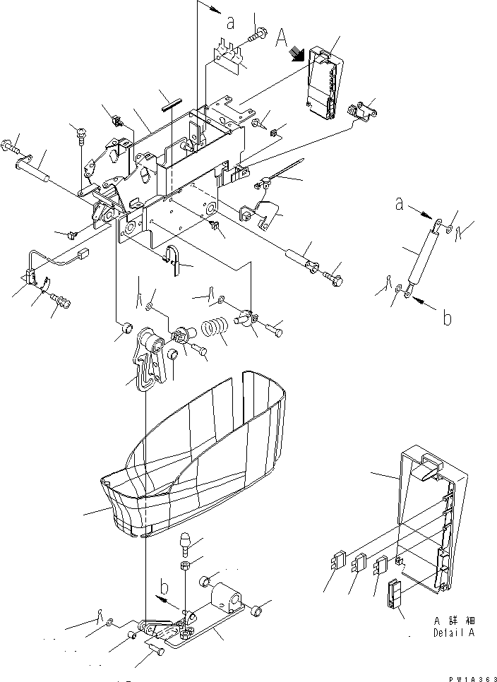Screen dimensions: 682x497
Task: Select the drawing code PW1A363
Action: tap(468, 676)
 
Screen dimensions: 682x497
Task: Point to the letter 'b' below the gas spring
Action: tap(447, 318)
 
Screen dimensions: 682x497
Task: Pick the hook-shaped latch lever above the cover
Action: tap(150, 359)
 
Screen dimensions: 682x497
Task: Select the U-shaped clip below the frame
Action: tap(174, 258)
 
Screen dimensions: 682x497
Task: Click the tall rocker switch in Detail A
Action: tap(394, 593)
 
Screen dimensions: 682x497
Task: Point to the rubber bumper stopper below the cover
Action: tap(187, 544)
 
